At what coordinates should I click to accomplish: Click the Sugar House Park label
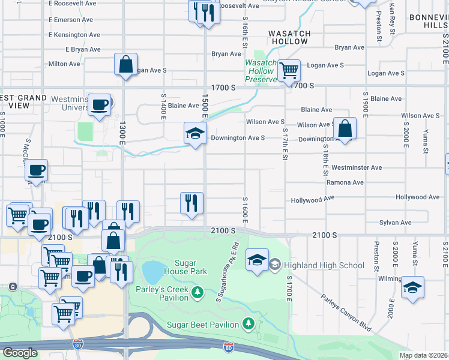click(190, 267)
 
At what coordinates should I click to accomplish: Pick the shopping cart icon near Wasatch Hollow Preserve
click(289, 71)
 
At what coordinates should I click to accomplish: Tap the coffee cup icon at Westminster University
click(99, 105)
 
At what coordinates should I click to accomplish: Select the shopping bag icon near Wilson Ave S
click(345, 128)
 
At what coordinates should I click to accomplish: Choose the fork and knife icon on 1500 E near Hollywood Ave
click(191, 203)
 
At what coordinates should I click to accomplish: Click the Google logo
click(20, 353)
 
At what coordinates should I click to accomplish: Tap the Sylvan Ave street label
click(395, 223)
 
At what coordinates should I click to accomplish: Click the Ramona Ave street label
click(345, 182)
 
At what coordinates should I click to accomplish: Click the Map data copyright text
click(423, 355)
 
